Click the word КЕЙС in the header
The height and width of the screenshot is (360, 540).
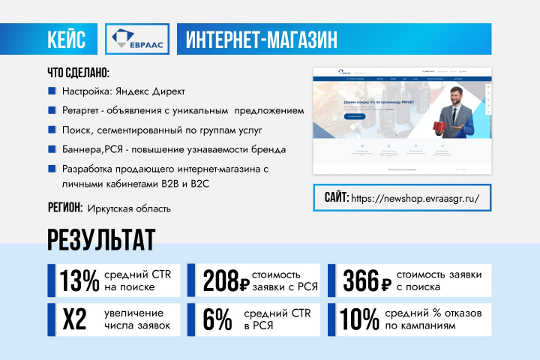pyautogui.click(x=71, y=39)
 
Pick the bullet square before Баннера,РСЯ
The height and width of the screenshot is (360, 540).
pyautogui.click(x=52, y=149)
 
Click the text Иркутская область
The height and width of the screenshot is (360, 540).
pyautogui.click(x=129, y=208)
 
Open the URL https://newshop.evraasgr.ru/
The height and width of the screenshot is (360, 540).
pyautogui.click(x=415, y=199)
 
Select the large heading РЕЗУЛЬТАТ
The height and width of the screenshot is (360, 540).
pyautogui.click(x=100, y=240)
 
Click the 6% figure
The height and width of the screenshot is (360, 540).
pyautogui.click(x=217, y=319)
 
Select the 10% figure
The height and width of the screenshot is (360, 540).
pyautogui.click(x=359, y=319)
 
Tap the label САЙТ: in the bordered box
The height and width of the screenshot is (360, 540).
pyautogui.click(x=335, y=199)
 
